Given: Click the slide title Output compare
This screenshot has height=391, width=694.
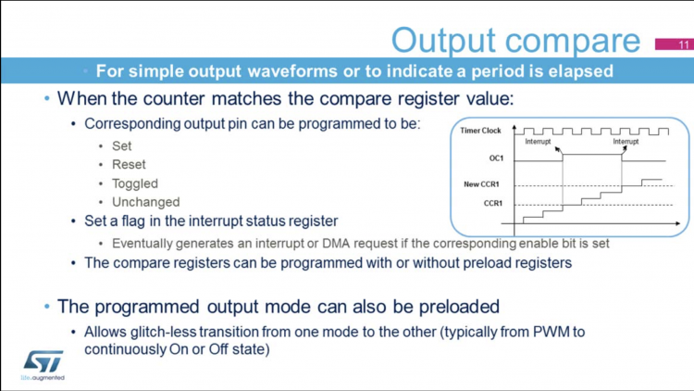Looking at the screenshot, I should point(515,40).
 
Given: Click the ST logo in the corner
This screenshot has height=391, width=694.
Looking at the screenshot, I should point(42,362).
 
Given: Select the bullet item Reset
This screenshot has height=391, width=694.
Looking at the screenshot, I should point(129,164).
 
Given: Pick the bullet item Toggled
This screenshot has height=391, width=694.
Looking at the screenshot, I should point(134,183).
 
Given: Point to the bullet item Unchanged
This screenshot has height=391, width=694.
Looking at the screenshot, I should point(145,202).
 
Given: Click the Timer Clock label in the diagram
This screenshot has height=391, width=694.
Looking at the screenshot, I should point(480,131).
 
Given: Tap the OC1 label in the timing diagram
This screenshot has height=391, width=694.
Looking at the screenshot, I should point(496,158).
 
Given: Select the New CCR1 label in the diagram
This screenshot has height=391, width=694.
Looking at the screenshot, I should point(483,184).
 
